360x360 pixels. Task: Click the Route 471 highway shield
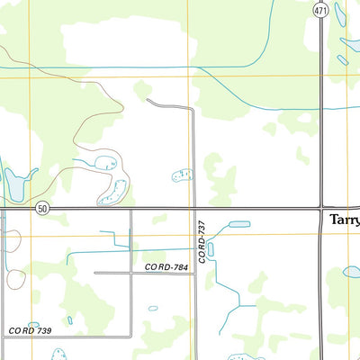321,9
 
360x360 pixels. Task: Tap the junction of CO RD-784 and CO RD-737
193,272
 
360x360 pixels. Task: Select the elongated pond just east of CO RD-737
238,224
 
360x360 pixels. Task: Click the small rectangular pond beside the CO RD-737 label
211,248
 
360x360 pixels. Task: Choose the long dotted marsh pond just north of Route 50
117,191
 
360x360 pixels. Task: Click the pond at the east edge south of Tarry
352,271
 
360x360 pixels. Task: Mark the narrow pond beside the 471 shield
339,13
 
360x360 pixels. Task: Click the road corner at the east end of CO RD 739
131,337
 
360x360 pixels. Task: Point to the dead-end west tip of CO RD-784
95,272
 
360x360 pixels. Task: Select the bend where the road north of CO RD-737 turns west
192,110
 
